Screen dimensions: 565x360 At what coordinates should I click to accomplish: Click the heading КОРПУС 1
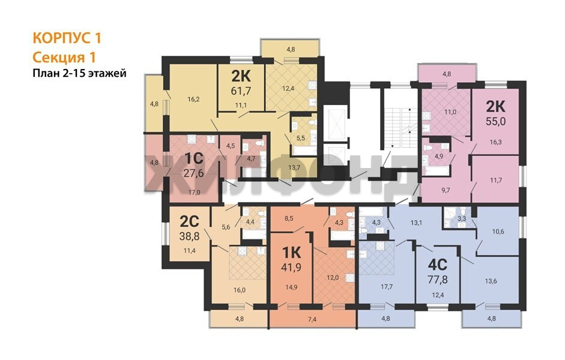click(67, 38)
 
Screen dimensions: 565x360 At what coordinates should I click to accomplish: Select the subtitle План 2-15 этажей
click(80, 73)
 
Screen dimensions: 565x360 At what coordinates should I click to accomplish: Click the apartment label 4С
click(438, 265)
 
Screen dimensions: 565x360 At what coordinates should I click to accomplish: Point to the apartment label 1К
click(291, 253)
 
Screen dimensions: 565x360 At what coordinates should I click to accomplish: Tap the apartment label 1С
click(194, 158)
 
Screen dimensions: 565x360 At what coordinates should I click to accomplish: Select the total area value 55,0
click(496, 121)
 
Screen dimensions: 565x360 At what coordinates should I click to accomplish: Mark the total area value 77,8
click(438, 280)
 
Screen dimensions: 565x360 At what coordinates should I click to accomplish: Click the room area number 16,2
click(193, 100)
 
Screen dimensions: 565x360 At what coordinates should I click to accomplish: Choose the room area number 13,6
click(491, 281)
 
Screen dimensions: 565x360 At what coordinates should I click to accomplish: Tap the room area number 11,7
click(496, 181)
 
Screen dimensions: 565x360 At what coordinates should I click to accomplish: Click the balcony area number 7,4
click(312, 319)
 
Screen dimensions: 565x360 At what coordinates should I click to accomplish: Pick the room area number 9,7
click(446, 190)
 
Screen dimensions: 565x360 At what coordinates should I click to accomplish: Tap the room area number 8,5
click(289, 218)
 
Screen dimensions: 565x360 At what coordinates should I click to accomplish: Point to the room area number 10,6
click(498, 232)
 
